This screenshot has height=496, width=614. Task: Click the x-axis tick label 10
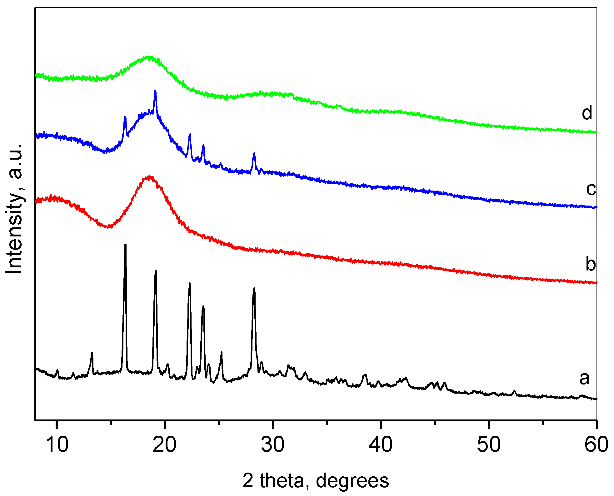pos(57,445)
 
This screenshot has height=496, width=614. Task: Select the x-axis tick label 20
pos(164,445)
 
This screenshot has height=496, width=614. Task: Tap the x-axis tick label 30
pos(273,445)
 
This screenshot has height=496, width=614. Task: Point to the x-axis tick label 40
pos(381,445)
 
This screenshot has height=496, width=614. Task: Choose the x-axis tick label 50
pos(489,445)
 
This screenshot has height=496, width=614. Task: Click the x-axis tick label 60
pos(596,445)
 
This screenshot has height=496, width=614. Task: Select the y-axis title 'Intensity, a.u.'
pos(15,209)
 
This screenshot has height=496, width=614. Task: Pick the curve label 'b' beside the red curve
pos(591,264)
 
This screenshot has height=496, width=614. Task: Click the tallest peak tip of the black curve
pos(125,245)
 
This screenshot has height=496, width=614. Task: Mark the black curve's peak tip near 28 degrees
pos(254,288)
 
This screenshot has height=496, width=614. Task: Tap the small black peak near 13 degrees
pos(92,353)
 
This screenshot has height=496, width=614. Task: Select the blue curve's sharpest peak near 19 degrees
pos(155,90)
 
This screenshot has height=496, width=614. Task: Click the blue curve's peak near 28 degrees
pos(254,153)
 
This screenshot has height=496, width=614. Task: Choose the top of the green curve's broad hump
pos(150,57)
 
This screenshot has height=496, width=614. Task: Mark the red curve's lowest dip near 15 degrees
pos(108,227)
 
